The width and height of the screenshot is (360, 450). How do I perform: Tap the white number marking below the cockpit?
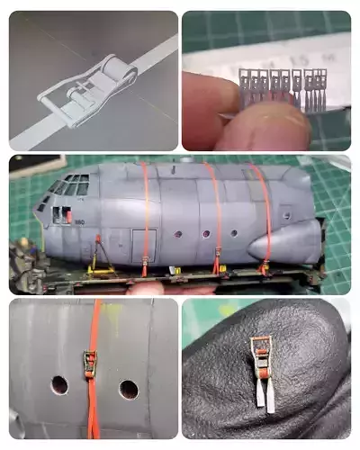click(79, 221)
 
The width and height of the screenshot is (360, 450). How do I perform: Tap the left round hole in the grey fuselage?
click(58, 385)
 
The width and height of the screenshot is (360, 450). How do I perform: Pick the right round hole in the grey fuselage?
click(129, 390)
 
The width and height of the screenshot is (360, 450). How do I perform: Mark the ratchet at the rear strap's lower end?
click(264, 266)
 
